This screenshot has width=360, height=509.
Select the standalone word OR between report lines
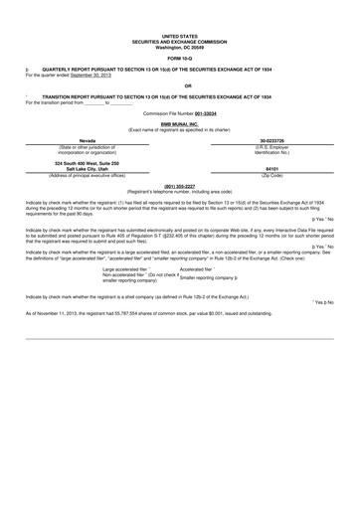[x=179, y=86]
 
